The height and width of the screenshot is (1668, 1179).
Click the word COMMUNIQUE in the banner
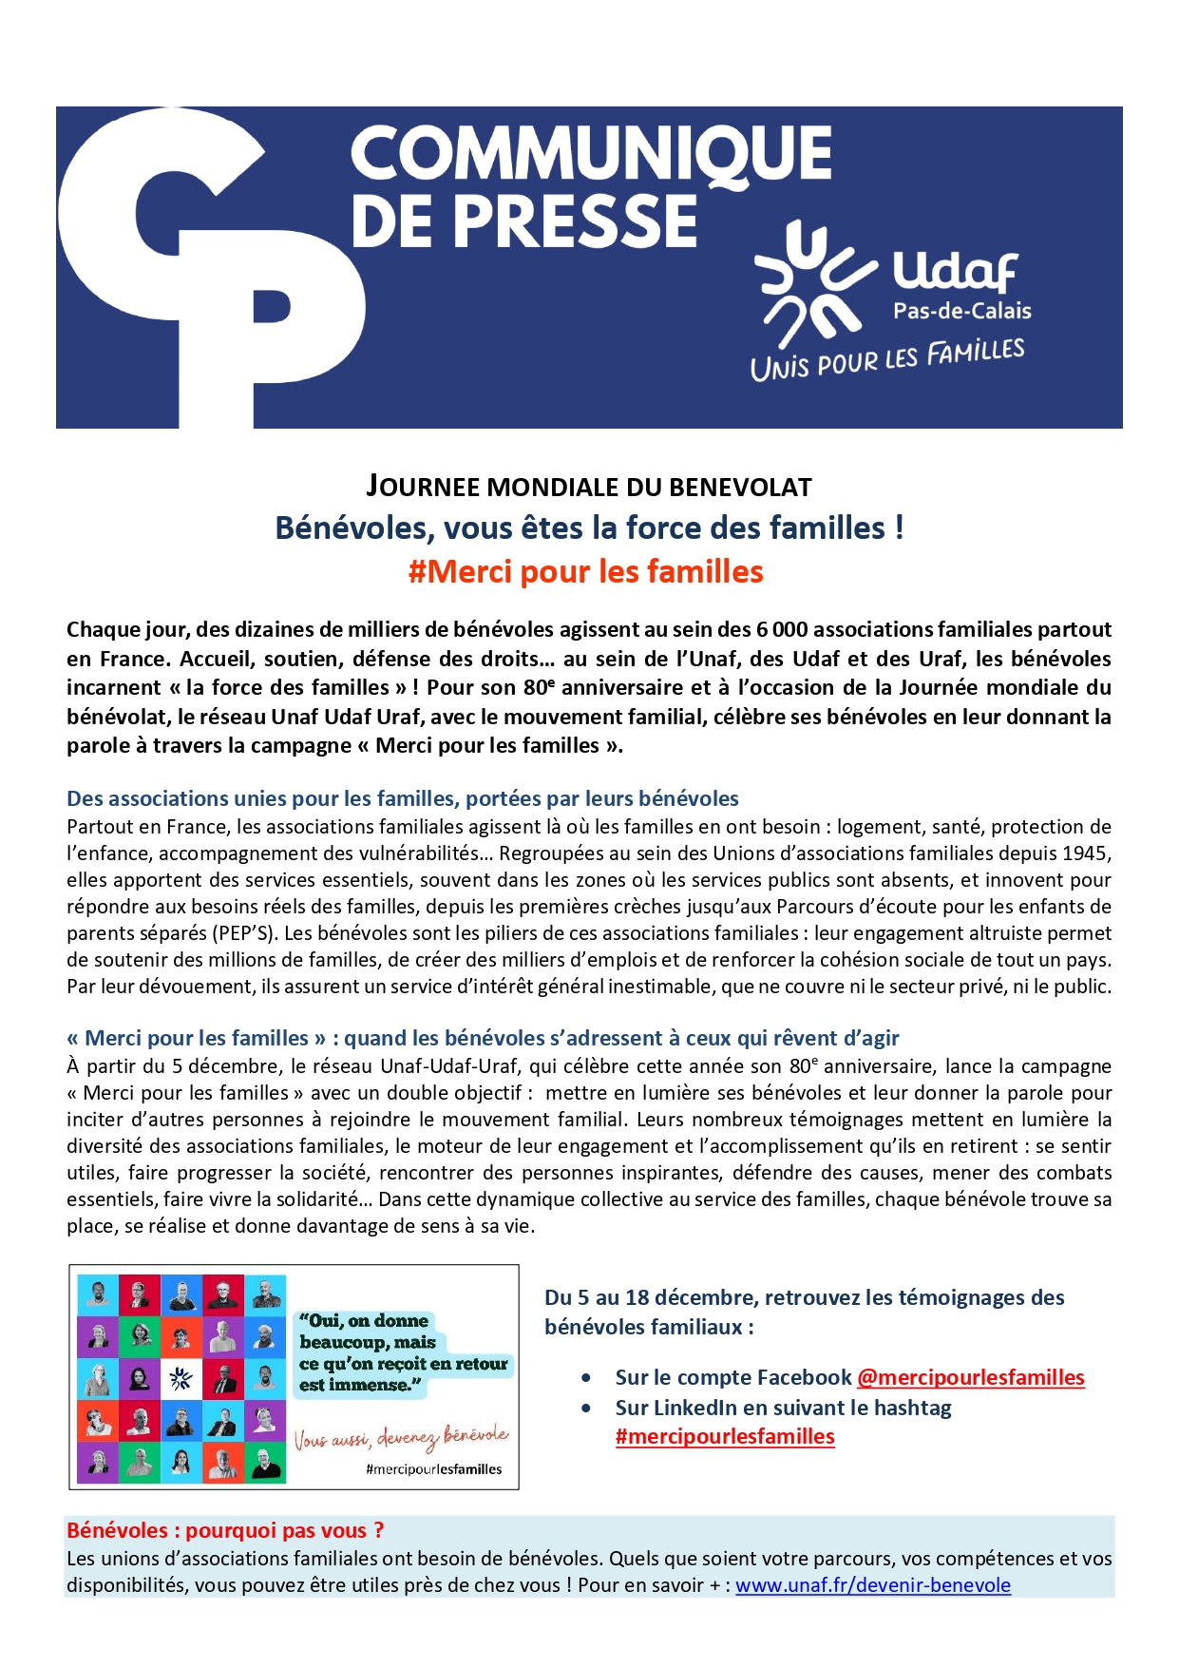click(x=591, y=154)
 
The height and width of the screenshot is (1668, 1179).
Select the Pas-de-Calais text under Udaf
click(x=961, y=311)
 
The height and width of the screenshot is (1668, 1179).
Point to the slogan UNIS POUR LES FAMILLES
click(x=887, y=359)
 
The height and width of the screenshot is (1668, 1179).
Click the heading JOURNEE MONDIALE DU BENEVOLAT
click(x=589, y=487)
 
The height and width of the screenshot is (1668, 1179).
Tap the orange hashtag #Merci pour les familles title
click(x=585, y=571)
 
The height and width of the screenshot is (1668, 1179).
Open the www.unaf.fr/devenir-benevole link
click(x=872, y=1584)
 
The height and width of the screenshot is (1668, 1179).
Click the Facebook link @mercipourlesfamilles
click(x=970, y=1377)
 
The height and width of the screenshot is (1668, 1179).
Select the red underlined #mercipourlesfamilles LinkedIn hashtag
click(x=725, y=1436)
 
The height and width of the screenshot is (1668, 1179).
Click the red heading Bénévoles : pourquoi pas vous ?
click(x=225, y=1530)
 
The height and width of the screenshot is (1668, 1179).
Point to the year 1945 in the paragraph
click(x=1086, y=853)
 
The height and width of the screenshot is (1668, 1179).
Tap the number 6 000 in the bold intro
click(x=782, y=629)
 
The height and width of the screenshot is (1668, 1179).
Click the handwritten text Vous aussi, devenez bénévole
click(x=400, y=1437)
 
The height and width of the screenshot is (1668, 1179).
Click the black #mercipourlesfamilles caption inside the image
click(x=433, y=1469)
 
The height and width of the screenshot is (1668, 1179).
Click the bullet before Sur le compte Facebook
click(x=588, y=1378)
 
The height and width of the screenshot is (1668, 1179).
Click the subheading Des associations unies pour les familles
click(x=402, y=798)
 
